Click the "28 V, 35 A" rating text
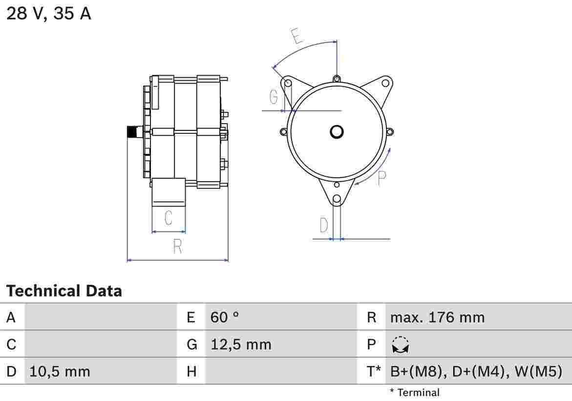tap(48, 14)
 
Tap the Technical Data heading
tap(64, 291)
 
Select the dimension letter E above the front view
tap(297, 36)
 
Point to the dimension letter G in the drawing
tap(274, 97)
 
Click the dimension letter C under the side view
tap(168, 218)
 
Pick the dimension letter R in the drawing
tap(177, 247)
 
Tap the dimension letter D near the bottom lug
tap(323, 225)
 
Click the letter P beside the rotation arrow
tap(381, 178)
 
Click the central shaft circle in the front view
tap(337, 131)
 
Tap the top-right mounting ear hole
tap(385, 83)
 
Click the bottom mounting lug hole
tap(337, 199)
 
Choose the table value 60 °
tap(224, 317)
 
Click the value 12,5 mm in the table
tap(241, 344)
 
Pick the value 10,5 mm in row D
tap(60, 371)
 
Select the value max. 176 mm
tap(437, 317)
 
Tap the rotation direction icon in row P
tap(401, 345)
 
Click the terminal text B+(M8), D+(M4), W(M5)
tap(476, 371)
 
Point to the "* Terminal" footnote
tap(415, 393)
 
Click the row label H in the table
tap(192, 372)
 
